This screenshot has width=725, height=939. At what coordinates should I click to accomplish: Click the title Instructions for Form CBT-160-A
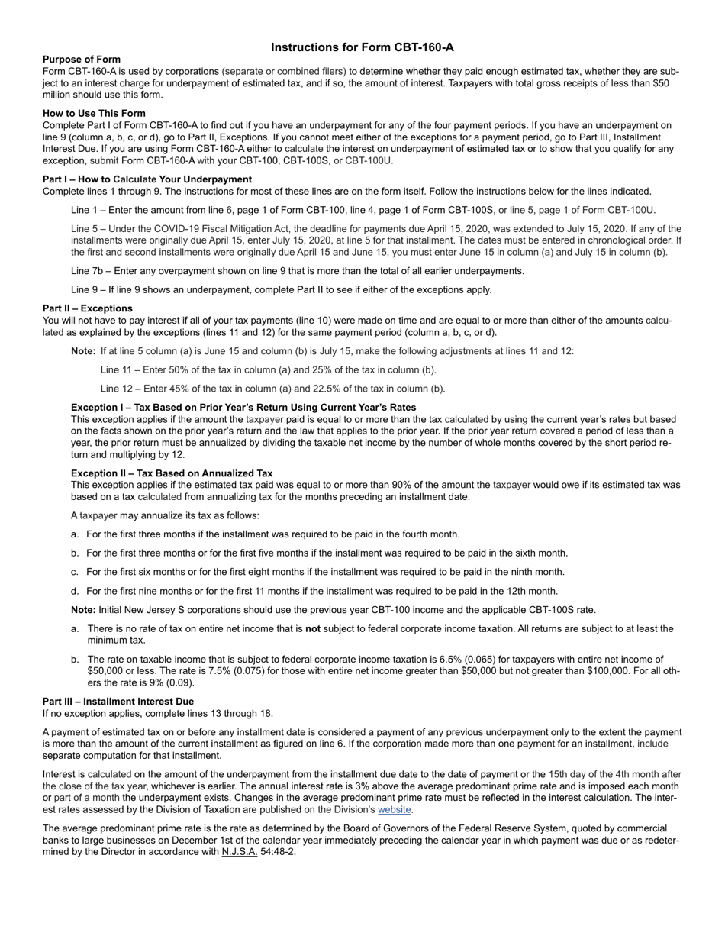(362, 47)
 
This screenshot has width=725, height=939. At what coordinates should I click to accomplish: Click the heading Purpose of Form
(81, 60)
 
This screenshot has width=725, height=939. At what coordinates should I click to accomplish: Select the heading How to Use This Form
(94, 113)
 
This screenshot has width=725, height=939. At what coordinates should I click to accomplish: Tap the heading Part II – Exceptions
(87, 308)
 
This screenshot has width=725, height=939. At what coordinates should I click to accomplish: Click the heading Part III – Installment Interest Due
(118, 701)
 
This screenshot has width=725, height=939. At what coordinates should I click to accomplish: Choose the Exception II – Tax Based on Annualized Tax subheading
(172, 473)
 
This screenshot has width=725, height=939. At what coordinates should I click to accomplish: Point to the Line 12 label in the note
(115, 388)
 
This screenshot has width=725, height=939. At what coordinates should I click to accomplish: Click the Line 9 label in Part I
(85, 289)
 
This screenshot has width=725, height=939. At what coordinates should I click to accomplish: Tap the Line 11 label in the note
(115, 369)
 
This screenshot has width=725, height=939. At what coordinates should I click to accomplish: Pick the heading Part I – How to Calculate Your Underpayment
(147, 179)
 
